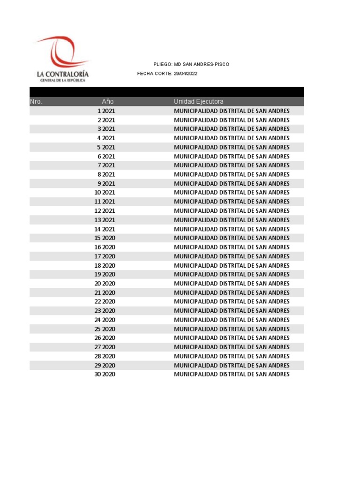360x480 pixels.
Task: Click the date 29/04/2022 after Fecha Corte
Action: (x=185, y=74)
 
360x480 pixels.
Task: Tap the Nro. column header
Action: (x=36, y=101)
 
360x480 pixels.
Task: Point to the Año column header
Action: (x=108, y=101)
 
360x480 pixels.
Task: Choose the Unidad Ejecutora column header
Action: (x=199, y=101)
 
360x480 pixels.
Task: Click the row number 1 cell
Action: (x=99, y=111)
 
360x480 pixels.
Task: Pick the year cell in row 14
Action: (x=109, y=229)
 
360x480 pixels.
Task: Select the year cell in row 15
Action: (x=109, y=238)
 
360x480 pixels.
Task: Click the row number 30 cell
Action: (x=98, y=375)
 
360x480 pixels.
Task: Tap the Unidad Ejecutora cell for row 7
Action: (x=232, y=165)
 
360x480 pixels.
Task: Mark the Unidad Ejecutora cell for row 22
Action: (x=232, y=302)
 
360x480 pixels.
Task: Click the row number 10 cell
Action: (x=98, y=193)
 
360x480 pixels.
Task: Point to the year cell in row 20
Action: (x=109, y=284)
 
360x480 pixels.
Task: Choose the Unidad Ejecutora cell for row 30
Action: (x=232, y=375)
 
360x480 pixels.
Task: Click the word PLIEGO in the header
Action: (x=163, y=64)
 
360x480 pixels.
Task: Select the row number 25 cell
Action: (x=98, y=329)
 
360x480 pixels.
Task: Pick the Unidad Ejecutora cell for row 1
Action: (x=232, y=111)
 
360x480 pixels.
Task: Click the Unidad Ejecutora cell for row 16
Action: (x=232, y=247)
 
